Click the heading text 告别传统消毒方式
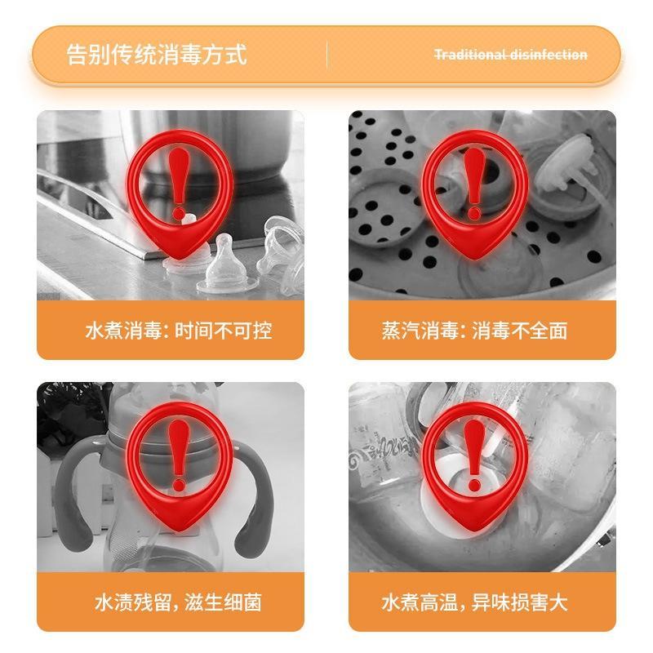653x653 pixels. pos(157,55)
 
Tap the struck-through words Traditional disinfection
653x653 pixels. pos(511,55)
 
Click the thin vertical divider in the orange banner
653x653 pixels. pos(327,55)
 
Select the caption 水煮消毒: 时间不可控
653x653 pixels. pos(179,331)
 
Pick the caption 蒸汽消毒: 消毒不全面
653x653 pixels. pos(475,331)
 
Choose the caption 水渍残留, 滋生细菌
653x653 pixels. pos(178,602)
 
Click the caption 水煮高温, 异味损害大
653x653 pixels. pos(475,602)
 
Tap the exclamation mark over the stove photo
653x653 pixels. pos(180,184)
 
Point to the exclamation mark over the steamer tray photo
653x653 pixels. pos(475,184)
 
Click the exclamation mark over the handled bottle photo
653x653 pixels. pos(180,455)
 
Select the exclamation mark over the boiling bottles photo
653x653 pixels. pos(475,455)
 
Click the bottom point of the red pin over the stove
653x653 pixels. pos(180,259)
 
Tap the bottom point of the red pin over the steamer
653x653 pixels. pos(475,259)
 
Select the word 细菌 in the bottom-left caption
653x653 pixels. pos(242,602)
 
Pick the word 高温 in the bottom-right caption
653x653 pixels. pos(439,602)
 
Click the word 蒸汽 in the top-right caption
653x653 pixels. pos(401,331)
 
